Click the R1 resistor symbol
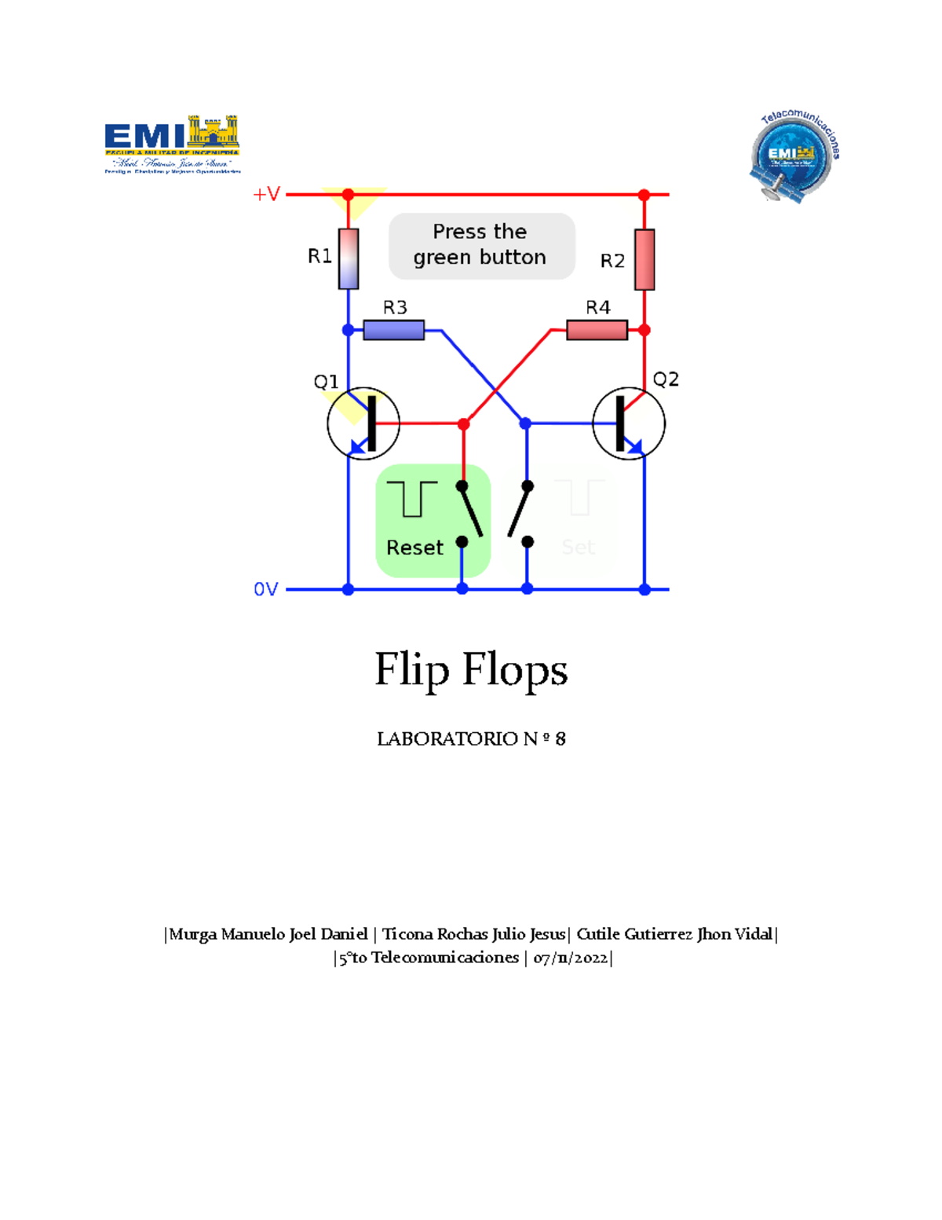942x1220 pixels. [349, 258]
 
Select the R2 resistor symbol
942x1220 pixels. [644, 259]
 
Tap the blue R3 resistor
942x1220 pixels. [394, 330]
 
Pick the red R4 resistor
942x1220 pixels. [597, 330]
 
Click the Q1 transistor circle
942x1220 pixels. [363, 423]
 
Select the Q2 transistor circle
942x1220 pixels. [629, 423]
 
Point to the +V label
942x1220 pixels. [266, 194]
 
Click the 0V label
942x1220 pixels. [265, 589]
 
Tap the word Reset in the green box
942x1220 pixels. [414, 548]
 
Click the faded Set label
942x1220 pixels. [578, 548]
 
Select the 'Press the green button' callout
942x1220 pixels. [481, 245]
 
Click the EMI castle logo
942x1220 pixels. [173, 145]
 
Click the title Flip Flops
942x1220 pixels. [471, 670]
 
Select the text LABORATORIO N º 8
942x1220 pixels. [471, 738]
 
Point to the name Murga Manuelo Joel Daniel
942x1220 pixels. [268, 934]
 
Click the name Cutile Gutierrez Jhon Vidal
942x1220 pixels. [674, 934]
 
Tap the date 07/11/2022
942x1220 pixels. [570, 958]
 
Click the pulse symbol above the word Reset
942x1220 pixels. [411, 499]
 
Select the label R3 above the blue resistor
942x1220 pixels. [395, 307]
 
